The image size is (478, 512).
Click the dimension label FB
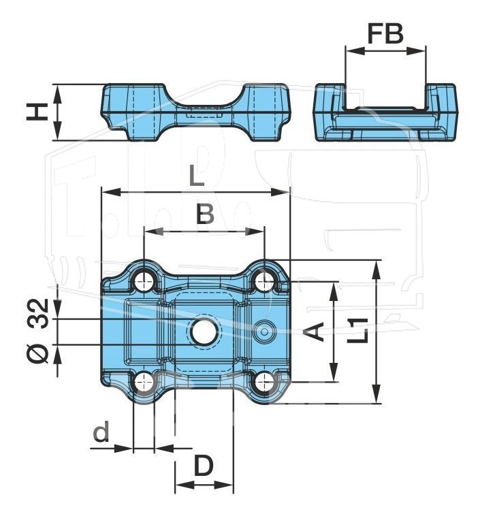tap(385, 33)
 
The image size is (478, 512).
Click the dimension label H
tap(37, 112)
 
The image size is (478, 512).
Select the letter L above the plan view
tap(196, 176)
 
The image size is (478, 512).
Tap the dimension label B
tap(205, 214)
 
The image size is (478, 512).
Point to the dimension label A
tap(313, 332)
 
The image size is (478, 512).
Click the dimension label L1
tap(357, 331)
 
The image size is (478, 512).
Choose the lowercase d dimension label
tap(101, 432)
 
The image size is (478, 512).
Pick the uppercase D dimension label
tap(204, 466)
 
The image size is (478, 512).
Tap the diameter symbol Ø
tap(38, 354)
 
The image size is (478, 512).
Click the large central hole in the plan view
tap(204, 332)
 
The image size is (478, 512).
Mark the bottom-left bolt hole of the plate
tap(144, 382)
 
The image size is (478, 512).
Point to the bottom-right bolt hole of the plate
tap(264, 382)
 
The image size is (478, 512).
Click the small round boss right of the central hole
tap(265, 332)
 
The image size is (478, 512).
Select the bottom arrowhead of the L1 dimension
tap(377, 394)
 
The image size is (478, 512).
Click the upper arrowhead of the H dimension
tap(57, 95)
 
